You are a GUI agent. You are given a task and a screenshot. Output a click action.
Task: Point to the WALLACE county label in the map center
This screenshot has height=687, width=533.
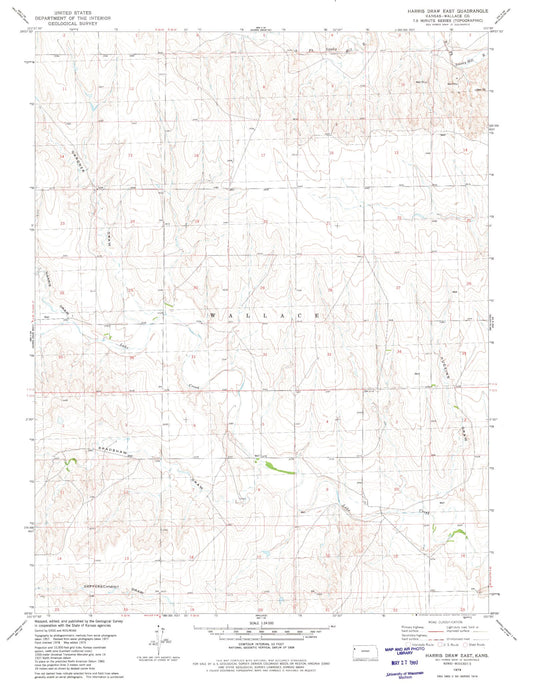coord(267,315)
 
